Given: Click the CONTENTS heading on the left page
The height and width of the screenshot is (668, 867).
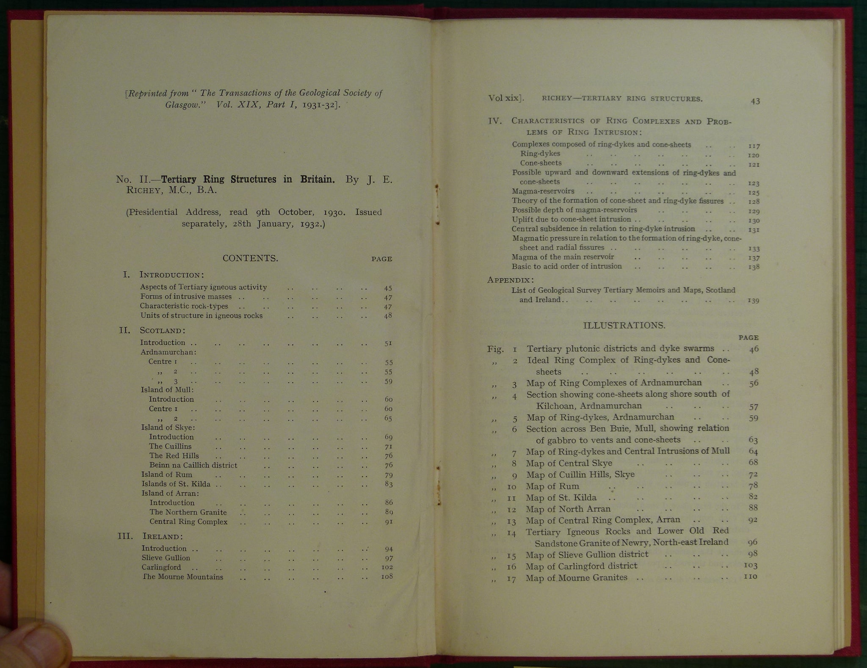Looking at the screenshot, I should pyautogui.click(x=250, y=258).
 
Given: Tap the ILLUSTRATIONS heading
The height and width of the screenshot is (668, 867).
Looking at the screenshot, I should pyautogui.click(x=624, y=325).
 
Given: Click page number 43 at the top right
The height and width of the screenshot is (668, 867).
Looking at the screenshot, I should pyautogui.click(x=755, y=101).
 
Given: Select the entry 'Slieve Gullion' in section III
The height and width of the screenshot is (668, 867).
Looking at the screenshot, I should pyautogui.click(x=166, y=558).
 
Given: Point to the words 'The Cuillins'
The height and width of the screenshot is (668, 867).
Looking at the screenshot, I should pyautogui.click(x=170, y=446).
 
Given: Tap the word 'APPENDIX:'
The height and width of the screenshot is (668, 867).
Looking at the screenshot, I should pyautogui.click(x=510, y=280).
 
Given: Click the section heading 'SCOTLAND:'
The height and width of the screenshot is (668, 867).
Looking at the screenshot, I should pyautogui.click(x=163, y=330).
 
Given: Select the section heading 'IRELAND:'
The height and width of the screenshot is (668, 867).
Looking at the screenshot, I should pyautogui.click(x=163, y=536).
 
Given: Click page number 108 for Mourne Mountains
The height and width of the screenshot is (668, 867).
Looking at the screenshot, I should pyautogui.click(x=387, y=577).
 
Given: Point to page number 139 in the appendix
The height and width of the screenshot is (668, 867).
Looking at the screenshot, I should pyautogui.click(x=753, y=301).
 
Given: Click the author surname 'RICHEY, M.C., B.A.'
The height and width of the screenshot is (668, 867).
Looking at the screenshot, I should pyautogui.click(x=171, y=190).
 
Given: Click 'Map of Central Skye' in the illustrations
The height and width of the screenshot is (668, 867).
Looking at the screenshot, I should pyautogui.click(x=569, y=463).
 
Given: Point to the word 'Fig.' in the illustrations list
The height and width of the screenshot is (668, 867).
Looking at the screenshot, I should pyautogui.click(x=495, y=349).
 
